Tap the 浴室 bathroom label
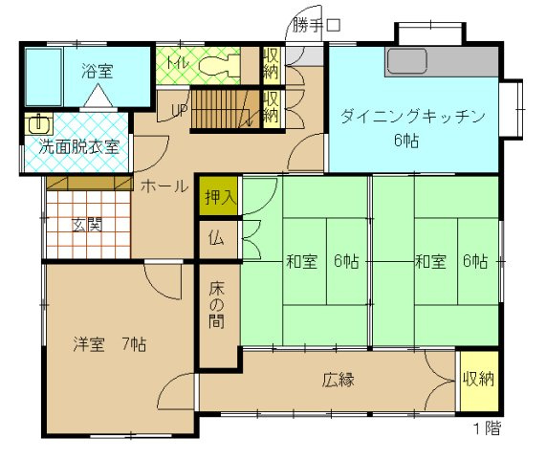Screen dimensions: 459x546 98,69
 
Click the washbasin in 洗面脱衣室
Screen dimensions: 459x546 39,124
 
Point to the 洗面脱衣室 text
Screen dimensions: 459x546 79,147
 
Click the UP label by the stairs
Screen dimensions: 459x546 179,110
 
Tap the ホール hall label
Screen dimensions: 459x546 164,186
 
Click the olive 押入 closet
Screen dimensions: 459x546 217,198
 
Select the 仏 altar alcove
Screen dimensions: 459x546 217,238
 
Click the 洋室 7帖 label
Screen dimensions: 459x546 104,342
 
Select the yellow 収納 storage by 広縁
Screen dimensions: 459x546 478,380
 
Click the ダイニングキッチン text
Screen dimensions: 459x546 414,117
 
